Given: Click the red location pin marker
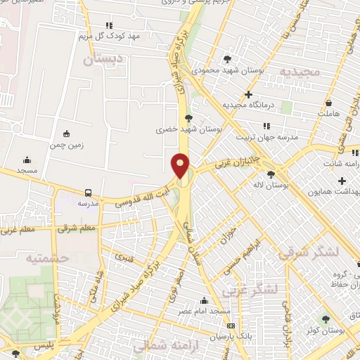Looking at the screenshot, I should point(181,166).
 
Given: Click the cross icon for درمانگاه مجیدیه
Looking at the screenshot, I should point(247,94).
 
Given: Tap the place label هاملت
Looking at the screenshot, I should point(328,112).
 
